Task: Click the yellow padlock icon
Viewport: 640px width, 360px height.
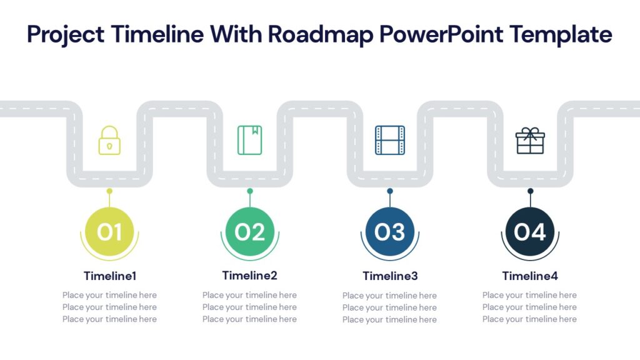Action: coord(109,141)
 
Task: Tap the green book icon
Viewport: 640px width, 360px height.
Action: coord(250,140)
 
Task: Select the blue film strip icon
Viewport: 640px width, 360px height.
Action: coord(390,140)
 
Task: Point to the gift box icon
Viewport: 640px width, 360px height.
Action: coord(530,141)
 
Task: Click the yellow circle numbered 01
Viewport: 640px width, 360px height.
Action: coord(109,232)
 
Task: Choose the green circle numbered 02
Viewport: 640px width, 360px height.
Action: coord(250,232)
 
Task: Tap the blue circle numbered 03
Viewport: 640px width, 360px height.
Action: coord(390,232)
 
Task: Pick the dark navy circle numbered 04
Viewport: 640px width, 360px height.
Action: coord(530,232)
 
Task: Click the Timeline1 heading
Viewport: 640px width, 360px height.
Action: coord(110,276)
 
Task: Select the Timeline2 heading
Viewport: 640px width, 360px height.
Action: coord(250,275)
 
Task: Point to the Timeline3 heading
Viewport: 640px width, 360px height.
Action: coord(390,276)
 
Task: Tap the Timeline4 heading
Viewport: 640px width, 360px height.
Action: coord(530,276)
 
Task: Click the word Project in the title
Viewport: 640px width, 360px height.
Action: coord(66,34)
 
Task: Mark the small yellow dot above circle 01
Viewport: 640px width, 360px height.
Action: coord(109,191)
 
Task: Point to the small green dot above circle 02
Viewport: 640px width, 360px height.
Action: coord(250,191)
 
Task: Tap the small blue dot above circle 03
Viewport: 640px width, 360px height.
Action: coord(390,191)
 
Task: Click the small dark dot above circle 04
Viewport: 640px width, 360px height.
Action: coord(530,191)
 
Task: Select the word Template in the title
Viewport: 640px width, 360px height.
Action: coord(561,34)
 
